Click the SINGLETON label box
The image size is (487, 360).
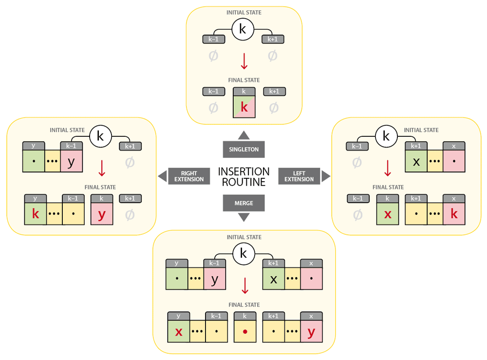244,150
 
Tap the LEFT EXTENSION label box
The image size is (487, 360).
299,176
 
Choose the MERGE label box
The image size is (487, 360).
244,203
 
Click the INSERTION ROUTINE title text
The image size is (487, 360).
244,177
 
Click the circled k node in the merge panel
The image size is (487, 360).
244,253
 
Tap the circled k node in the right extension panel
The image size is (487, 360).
101,136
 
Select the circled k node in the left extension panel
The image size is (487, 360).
386,136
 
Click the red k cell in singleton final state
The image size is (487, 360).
244,107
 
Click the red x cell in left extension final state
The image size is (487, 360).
388,213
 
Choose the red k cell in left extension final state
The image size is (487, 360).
454,213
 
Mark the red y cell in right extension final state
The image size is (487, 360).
101,213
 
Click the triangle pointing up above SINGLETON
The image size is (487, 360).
244,135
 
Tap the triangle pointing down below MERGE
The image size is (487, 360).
244,217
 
